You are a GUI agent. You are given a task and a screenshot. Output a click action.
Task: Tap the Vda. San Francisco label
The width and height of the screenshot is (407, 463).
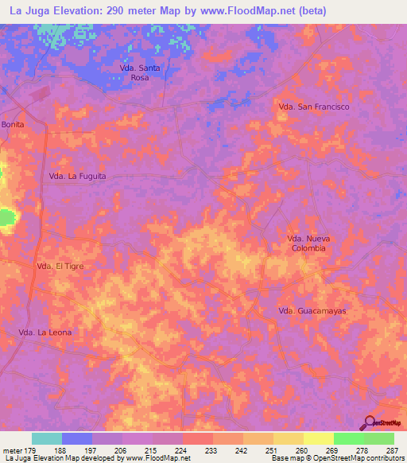click(x=314, y=106)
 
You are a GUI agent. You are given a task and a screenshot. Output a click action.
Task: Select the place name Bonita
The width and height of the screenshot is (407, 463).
click(x=13, y=125)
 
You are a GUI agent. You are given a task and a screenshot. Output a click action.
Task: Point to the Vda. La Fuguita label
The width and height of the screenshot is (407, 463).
click(x=77, y=177)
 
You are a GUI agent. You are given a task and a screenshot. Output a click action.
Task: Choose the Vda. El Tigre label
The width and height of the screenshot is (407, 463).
click(x=60, y=267)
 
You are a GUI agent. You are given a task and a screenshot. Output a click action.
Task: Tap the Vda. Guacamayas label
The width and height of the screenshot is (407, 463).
click(x=312, y=310)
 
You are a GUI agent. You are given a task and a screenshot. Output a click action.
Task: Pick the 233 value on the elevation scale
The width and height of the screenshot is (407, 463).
click(x=212, y=449)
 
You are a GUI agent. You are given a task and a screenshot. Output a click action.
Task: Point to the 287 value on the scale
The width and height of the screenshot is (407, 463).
click(x=393, y=449)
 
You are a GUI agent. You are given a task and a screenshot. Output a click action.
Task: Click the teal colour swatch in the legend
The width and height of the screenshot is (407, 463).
click(x=47, y=438)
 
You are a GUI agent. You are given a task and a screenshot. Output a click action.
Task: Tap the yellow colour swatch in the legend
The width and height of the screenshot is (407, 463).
click(x=318, y=438)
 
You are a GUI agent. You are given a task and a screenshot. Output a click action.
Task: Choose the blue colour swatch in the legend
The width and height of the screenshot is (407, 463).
click(x=77, y=438)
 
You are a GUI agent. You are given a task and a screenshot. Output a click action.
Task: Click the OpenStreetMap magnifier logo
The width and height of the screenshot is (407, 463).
click(x=370, y=422)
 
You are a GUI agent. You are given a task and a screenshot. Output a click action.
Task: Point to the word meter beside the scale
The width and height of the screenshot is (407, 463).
click(x=13, y=449)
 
